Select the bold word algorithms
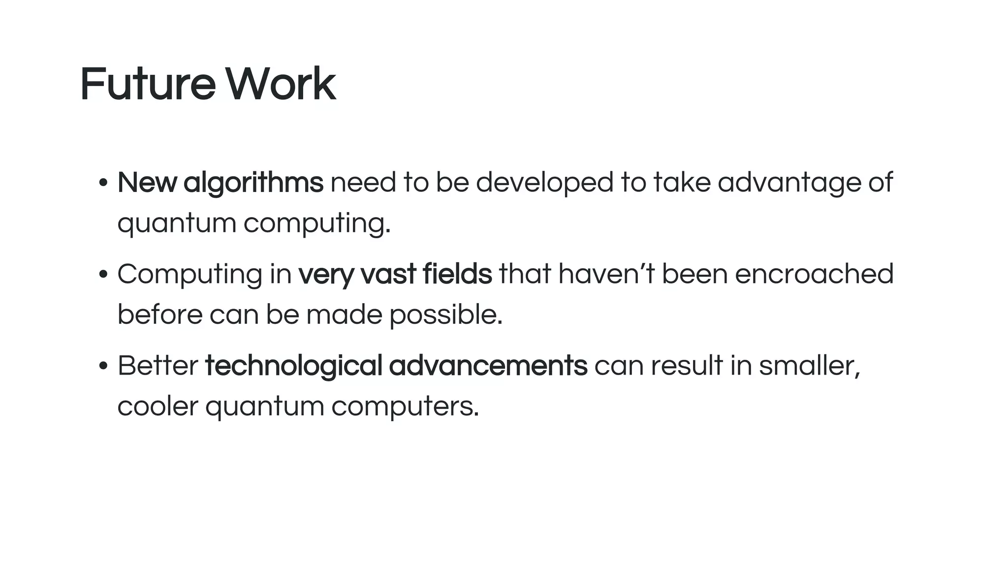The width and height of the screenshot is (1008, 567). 253,183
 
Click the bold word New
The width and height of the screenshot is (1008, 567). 147,182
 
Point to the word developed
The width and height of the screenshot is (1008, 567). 544,183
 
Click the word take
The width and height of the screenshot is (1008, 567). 682,182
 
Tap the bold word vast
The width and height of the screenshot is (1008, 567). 388,274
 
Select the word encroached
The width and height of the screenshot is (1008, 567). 814,274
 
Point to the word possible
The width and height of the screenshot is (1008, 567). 445,315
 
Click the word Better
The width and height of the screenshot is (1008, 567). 157,366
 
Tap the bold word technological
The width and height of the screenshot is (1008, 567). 293,367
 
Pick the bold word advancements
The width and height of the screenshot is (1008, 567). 488,366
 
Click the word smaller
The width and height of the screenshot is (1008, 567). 809,366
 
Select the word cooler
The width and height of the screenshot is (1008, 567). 157,407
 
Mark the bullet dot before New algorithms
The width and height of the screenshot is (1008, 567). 103,183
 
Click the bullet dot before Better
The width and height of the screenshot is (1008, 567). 103,366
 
